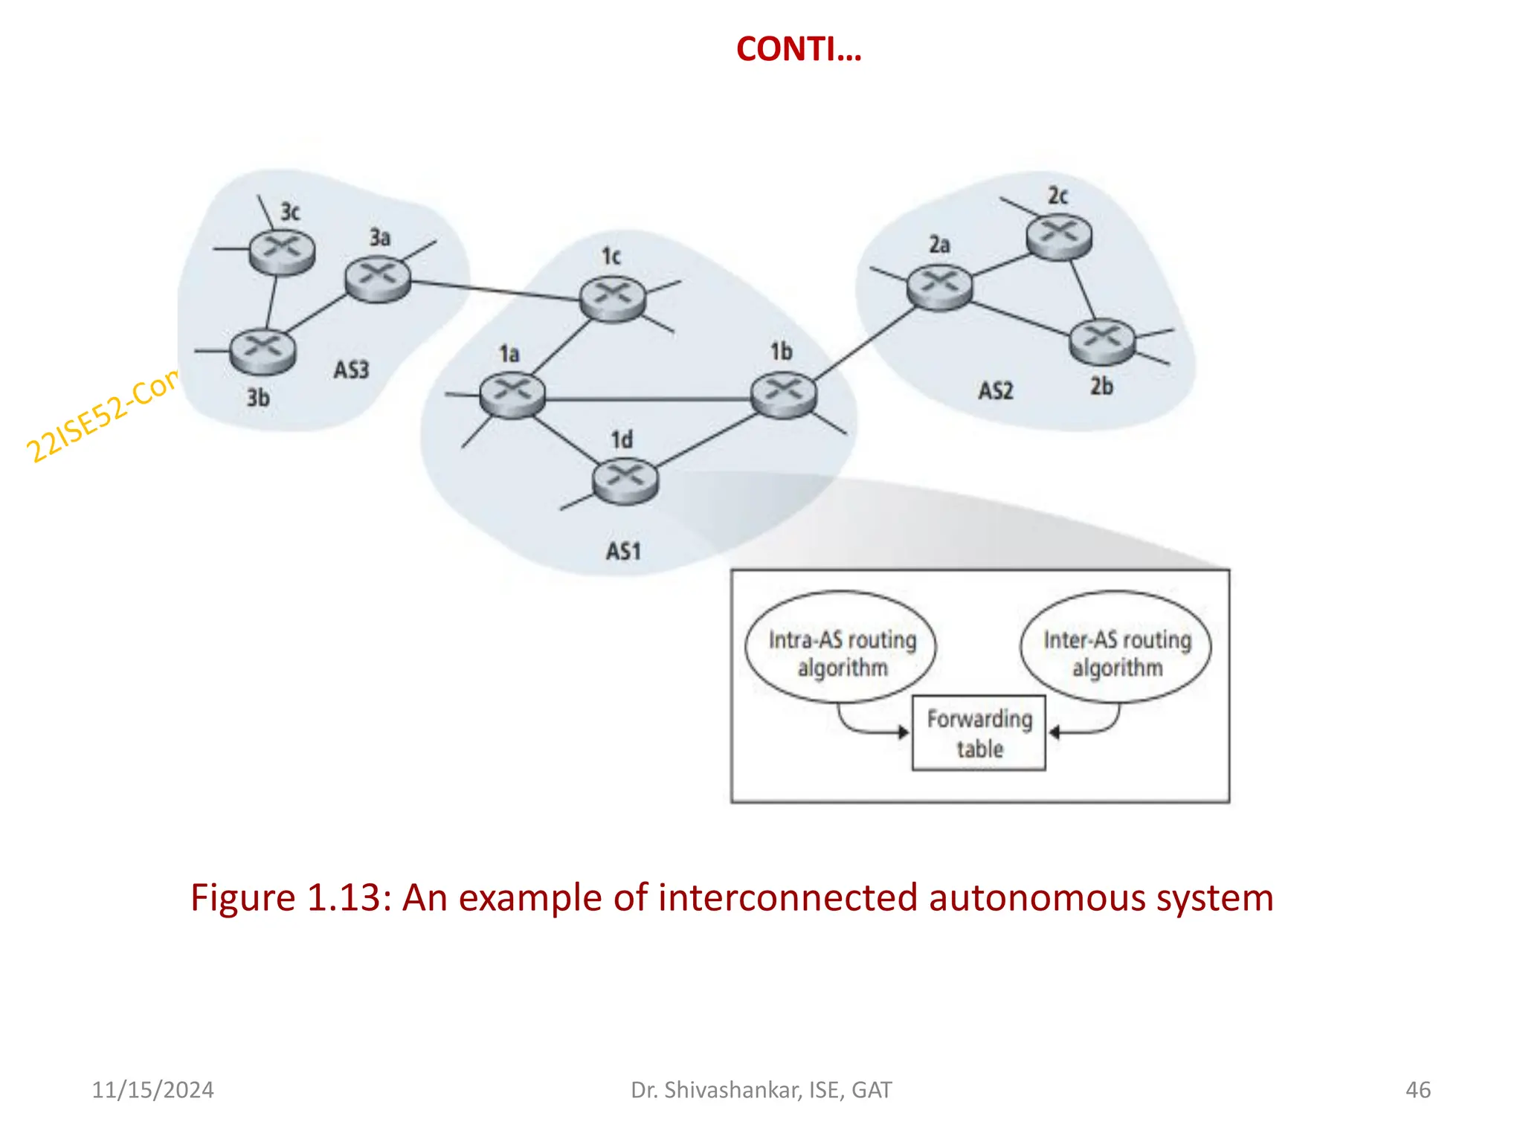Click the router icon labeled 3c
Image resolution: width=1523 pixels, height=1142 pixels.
282,252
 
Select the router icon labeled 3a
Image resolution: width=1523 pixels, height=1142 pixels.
378,279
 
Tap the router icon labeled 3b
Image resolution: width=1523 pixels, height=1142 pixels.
263,351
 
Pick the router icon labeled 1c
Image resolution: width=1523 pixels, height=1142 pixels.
613,298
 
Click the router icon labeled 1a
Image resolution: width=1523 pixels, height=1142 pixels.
512,395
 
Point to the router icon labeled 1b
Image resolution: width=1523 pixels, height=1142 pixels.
783,395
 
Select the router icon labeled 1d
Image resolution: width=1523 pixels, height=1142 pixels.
625,481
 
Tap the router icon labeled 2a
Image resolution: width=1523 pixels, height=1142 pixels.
940,287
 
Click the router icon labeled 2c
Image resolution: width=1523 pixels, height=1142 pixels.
1059,236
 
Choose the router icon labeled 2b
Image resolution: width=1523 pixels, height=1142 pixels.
1102,341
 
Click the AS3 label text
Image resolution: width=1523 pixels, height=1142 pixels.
351,370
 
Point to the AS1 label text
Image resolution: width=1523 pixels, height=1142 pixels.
623,551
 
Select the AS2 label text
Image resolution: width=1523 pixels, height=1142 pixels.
996,390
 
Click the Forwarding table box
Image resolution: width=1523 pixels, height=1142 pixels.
979,733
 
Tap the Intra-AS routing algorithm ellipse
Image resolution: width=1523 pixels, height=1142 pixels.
841,647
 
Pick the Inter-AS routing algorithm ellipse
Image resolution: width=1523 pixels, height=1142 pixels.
1116,647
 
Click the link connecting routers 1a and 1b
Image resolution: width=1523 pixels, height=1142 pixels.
647,399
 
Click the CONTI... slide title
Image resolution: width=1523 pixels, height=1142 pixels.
798,49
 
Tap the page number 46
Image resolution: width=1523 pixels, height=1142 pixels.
1417,1089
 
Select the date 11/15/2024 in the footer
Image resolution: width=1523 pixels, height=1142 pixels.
152,1089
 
